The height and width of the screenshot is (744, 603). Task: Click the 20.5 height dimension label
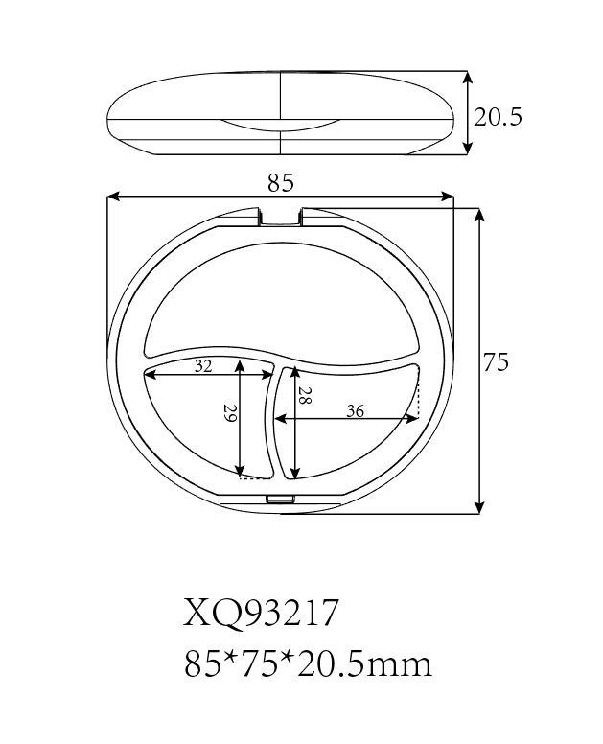coord(498,117)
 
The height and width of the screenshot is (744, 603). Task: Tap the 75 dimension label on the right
coord(496,362)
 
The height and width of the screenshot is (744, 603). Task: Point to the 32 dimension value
coord(203,365)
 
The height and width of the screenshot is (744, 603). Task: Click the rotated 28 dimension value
coord(304,399)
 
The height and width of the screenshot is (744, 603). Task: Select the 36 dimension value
coord(354,411)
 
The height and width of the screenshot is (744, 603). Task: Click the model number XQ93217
coord(261,613)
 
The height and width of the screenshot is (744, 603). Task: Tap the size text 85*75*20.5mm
coord(307,663)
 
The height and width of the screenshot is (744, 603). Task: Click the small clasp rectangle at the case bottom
coord(281,499)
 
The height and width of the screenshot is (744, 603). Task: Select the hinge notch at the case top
coord(281,217)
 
